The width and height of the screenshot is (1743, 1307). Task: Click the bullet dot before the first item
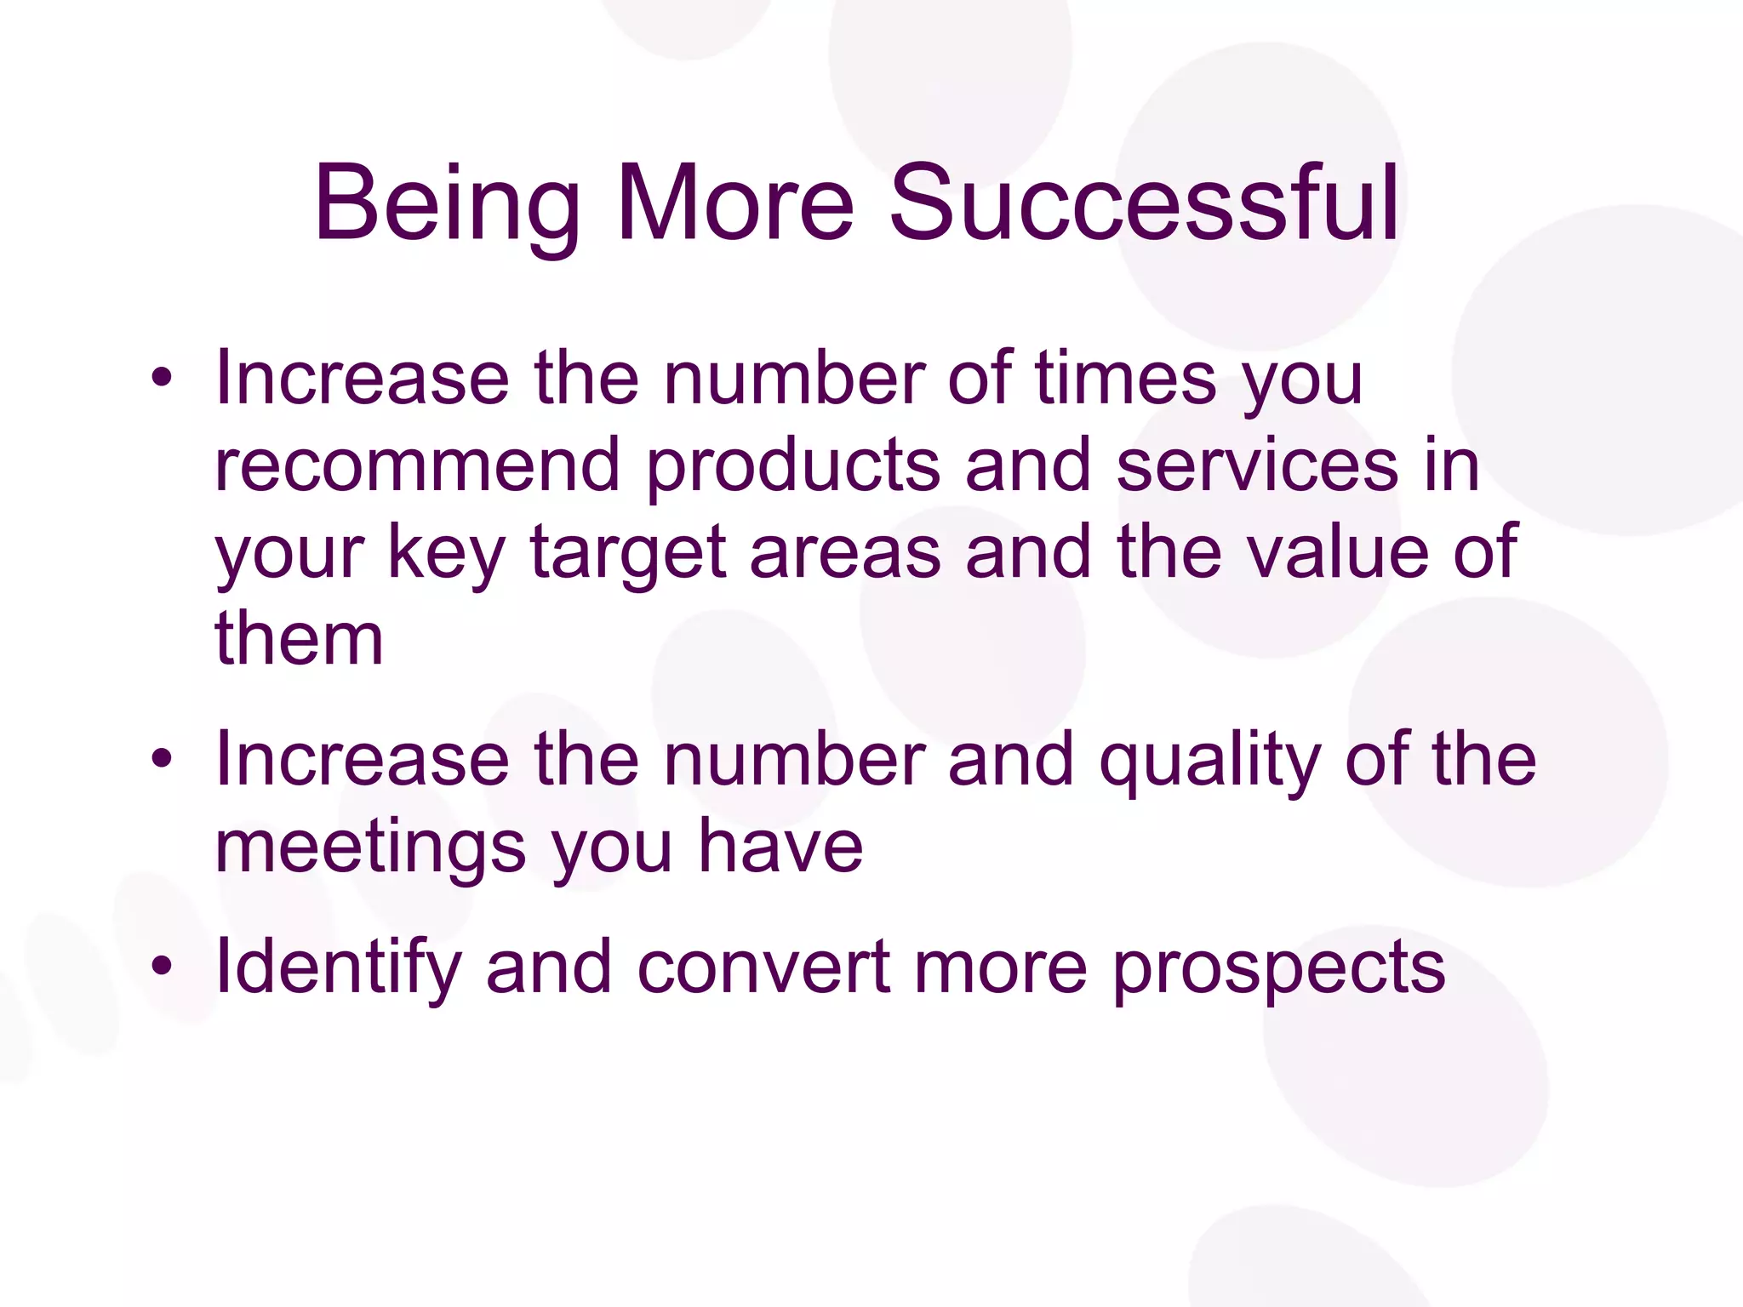162,377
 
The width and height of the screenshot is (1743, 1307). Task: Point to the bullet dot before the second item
162,757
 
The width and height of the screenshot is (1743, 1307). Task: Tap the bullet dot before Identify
162,966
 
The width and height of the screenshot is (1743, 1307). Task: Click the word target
628,553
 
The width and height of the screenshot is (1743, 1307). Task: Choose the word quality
1209,759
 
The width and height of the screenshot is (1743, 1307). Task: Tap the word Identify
337,967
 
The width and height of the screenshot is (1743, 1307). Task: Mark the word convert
763,967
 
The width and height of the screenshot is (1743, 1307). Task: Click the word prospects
1279,969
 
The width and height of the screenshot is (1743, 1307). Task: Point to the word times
1125,377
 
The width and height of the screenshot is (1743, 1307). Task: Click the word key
446,553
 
